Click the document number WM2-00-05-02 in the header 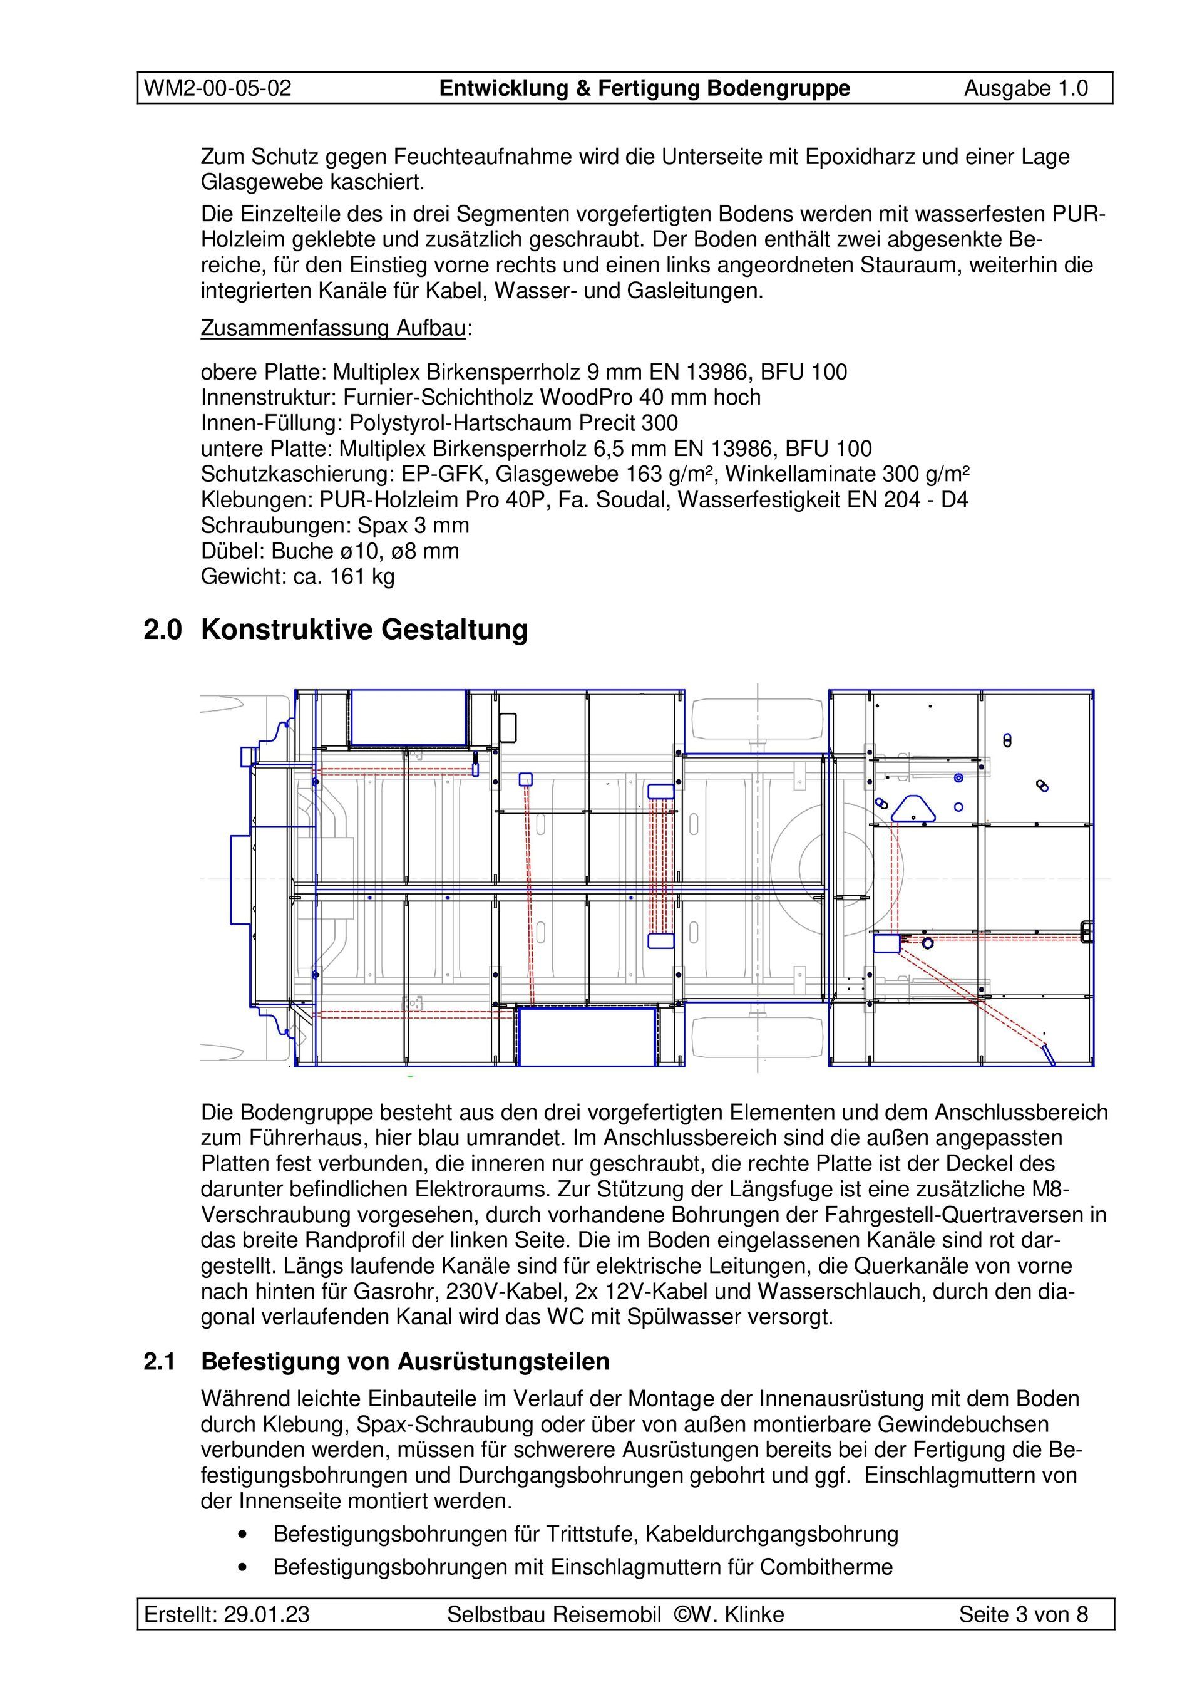coord(217,88)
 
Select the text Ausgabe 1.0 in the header coord(1025,88)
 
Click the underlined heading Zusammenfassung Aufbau coord(334,328)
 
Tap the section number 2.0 coord(162,630)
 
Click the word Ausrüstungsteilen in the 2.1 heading coord(503,1362)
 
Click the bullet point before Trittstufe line coord(242,1533)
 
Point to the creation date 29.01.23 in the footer coord(267,1614)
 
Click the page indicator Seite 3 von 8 coord(1023,1614)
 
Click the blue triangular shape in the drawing coord(912,809)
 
